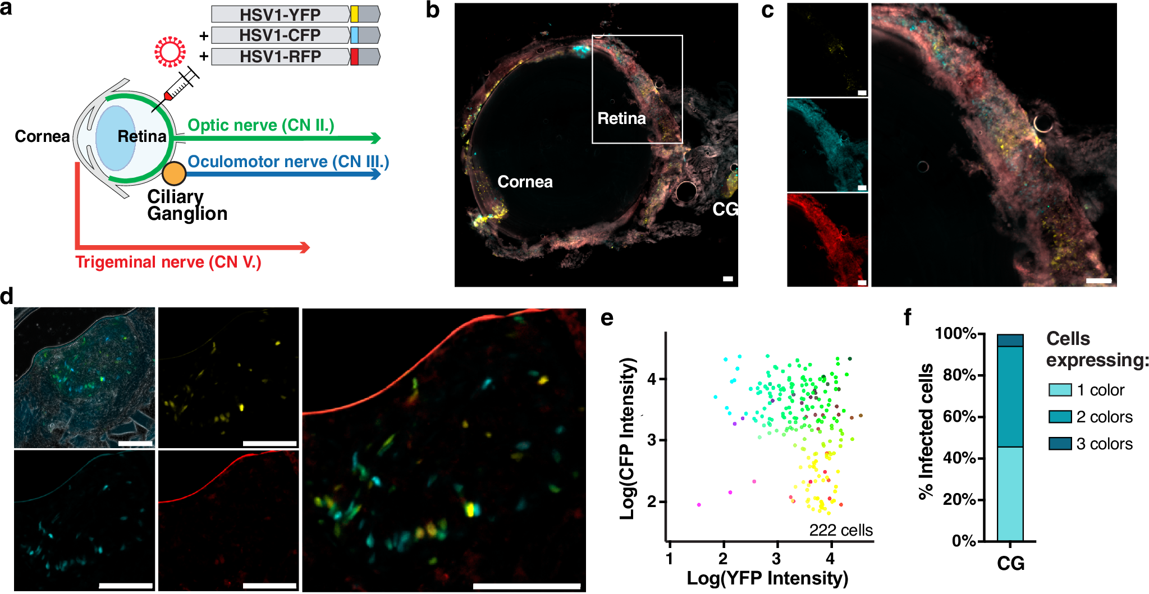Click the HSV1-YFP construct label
280,14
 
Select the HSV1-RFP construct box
295,57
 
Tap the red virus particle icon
170,52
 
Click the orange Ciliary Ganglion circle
174,173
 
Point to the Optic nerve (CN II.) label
260,125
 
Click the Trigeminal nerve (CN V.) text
168,262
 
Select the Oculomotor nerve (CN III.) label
288,162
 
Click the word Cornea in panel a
42,136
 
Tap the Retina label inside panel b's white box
621,118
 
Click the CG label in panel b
724,209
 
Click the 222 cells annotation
840,530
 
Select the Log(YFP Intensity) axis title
767,578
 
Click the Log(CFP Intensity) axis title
628,438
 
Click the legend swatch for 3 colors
1060,444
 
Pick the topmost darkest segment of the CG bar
1010,340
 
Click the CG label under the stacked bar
1010,563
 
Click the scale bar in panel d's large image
527,586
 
